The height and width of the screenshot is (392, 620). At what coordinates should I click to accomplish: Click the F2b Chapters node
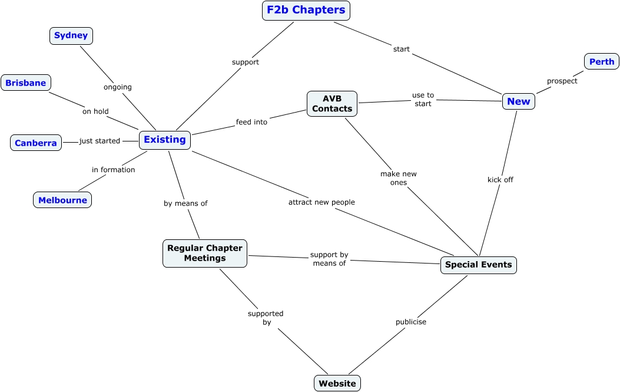306,11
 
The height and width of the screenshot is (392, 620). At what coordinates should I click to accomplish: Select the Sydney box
71,35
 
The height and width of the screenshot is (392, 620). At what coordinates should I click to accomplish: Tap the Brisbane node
26,83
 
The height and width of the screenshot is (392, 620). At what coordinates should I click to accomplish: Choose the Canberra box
36,143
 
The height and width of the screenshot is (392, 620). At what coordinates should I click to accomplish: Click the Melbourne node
62,200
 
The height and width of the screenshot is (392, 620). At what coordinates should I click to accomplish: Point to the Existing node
165,140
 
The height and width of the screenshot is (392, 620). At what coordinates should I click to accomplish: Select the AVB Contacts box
332,103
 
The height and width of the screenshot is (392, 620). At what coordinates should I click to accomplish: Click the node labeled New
518,101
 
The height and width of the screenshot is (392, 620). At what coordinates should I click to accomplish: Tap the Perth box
601,61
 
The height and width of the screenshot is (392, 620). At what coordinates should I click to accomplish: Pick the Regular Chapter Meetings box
205,253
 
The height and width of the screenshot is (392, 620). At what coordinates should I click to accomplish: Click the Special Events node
478,265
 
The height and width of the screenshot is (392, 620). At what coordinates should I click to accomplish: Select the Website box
337,383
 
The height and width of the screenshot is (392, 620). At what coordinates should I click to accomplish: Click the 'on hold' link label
95,111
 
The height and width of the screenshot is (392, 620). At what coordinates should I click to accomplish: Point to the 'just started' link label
100,141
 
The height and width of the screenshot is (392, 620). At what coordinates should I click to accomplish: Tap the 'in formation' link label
113,170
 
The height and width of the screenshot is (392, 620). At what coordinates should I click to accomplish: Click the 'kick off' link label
500,180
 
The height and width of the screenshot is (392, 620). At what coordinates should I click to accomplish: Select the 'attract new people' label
321,202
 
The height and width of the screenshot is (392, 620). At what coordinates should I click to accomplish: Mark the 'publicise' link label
410,322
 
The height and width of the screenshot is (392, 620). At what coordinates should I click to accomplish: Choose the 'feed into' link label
251,122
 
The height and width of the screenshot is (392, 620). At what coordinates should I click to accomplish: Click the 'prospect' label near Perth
562,81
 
